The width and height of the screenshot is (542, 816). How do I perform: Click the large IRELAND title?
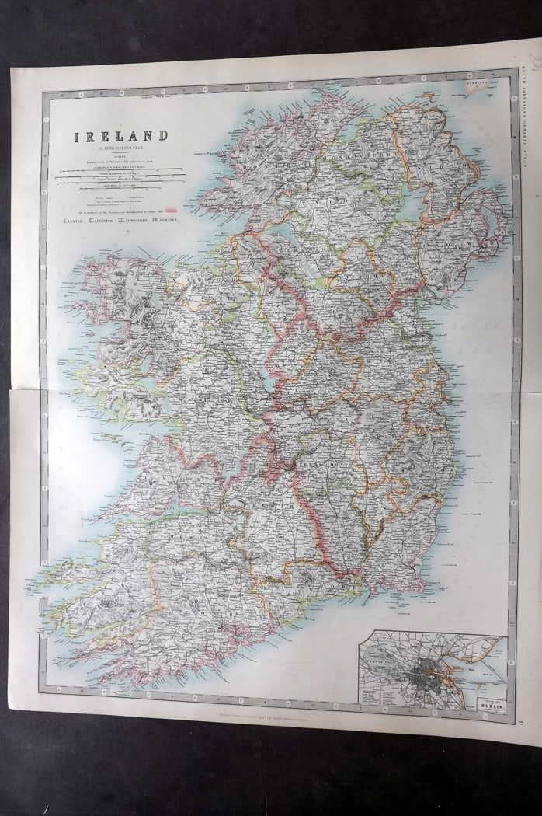[120, 136]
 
